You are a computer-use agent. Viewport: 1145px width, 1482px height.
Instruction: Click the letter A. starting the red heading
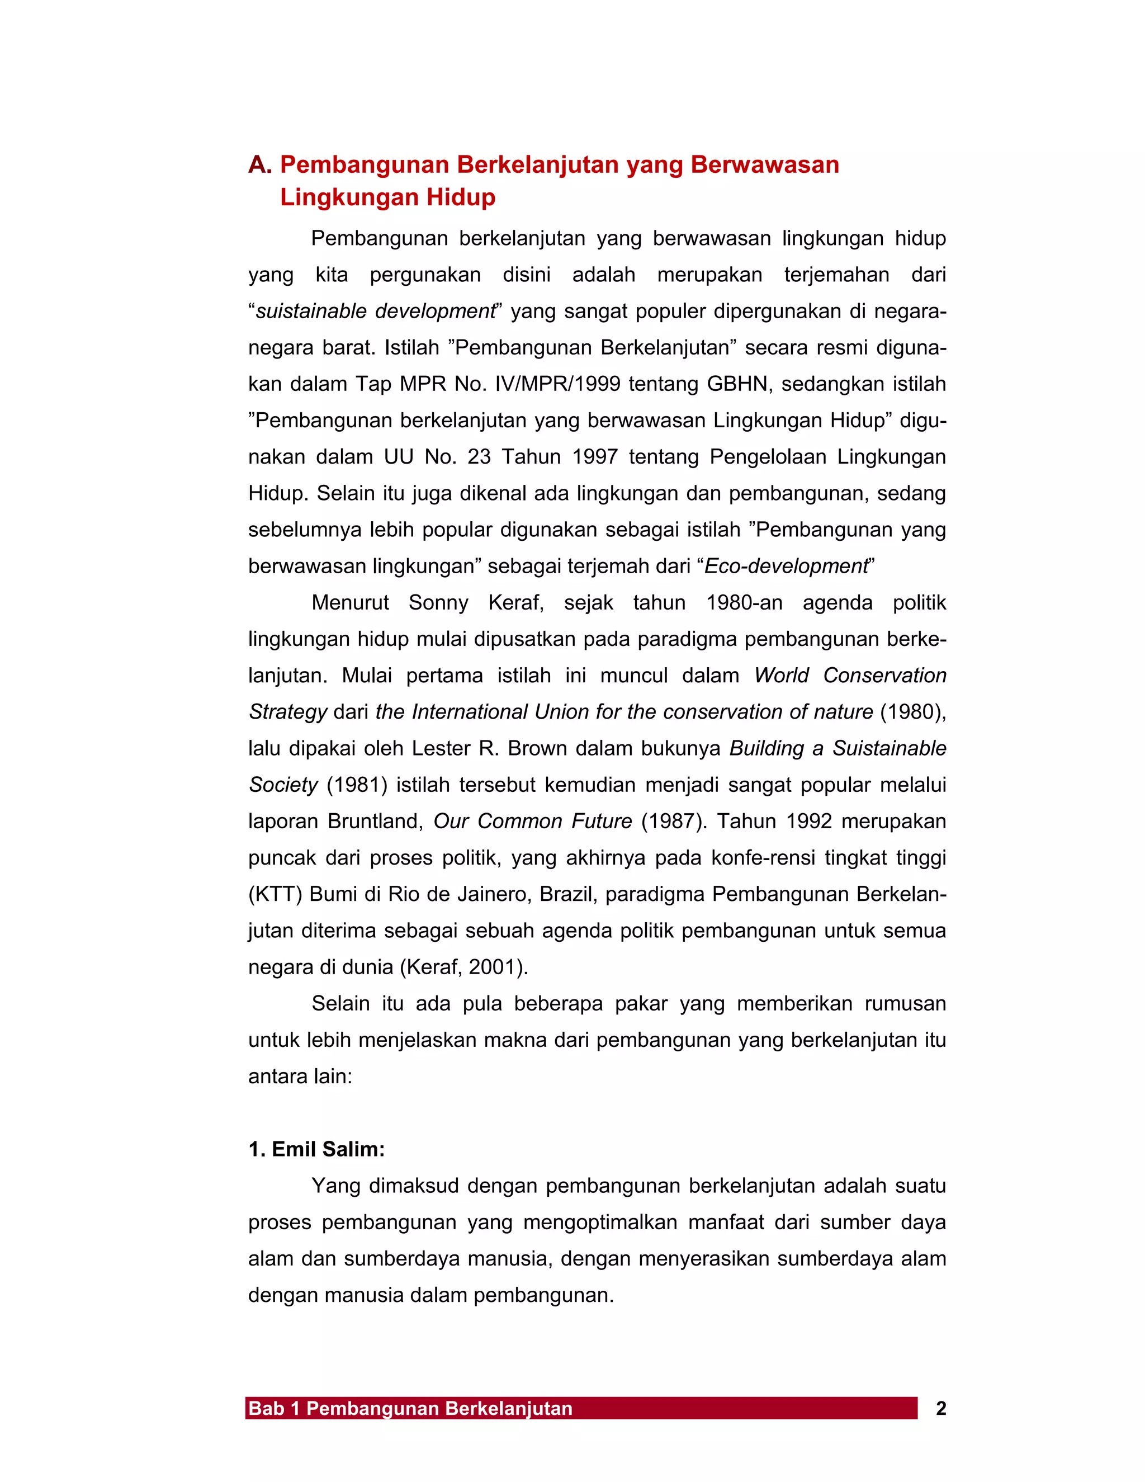[260, 165]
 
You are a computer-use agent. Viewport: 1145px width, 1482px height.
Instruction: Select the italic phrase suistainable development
[375, 311]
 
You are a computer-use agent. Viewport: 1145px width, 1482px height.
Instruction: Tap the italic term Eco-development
[786, 566]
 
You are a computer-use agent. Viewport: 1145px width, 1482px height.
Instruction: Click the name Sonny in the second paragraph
[438, 602]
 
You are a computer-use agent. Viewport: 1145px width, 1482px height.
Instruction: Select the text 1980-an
[744, 602]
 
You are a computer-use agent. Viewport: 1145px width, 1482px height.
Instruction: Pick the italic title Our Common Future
[532, 821]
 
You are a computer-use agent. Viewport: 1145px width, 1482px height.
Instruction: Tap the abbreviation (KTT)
[276, 894]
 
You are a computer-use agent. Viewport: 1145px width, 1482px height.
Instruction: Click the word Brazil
[569, 894]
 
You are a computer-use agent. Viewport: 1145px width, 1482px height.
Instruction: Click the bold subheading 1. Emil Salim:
[317, 1149]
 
